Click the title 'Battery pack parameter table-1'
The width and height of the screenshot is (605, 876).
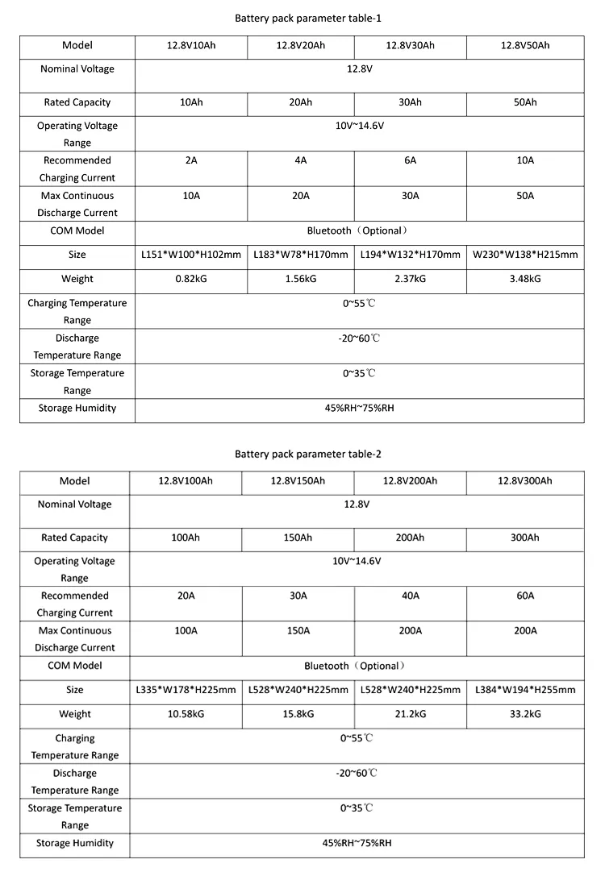302,18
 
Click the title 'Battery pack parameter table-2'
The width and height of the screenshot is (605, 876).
302,454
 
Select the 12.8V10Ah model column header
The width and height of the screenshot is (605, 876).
190,45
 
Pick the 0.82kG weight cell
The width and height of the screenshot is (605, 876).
190,279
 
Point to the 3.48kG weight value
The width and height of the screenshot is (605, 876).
525,279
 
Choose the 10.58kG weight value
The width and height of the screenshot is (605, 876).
186,714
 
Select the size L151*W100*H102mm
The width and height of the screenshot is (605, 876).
190,255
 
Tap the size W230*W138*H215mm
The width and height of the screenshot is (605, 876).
525,255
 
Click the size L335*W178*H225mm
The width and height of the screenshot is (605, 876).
186,690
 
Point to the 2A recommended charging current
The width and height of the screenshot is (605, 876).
190,160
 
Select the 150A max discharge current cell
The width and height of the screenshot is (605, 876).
298,630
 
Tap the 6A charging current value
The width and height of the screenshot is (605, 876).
410,160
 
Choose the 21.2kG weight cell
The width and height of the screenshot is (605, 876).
410,714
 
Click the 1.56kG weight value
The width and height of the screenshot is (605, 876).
300,279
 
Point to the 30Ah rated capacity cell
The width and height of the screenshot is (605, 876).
410,102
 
